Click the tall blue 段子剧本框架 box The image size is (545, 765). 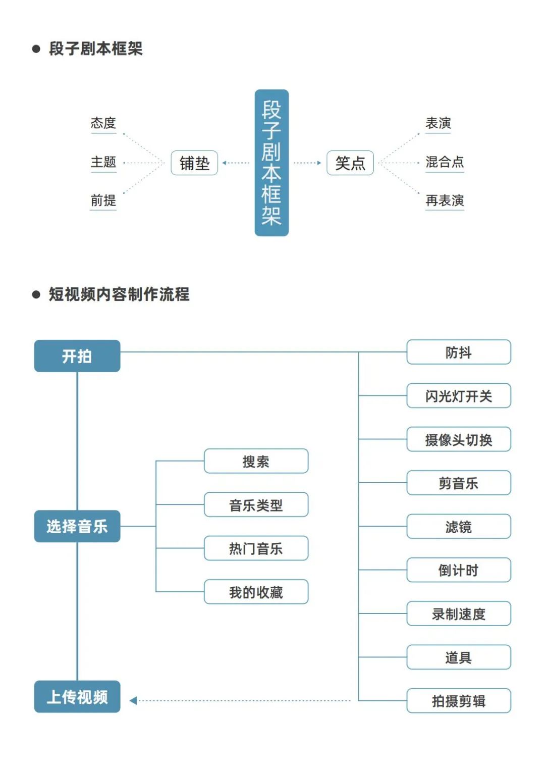pyautogui.click(x=271, y=163)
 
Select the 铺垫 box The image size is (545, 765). pyautogui.click(x=194, y=163)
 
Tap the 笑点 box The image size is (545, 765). pyautogui.click(x=350, y=163)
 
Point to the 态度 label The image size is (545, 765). pyautogui.click(x=103, y=123)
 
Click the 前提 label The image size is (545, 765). pyautogui.click(x=103, y=200)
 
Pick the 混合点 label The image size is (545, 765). pyautogui.click(x=445, y=162)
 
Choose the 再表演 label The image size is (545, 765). pyautogui.click(x=445, y=200)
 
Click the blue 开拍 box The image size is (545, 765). pyautogui.click(x=77, y=356)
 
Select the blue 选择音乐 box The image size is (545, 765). pyautogui.click(x=77, y=526)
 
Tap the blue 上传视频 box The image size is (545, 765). pyautogui.click(x=77, y=697)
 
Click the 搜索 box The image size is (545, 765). pyautogui.click(x=256, y=461)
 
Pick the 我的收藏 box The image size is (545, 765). pyautogui.click(x=256, y=592)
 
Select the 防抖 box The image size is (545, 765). pyautogui.click(x=459, y=352)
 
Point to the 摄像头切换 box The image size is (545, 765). pyautogui.click(x=459, y=439)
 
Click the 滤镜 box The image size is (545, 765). pyautogui.click(x=459, y=527)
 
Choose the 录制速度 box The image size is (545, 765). pyautogui.click(x=459, y=614)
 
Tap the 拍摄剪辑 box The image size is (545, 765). pyautogui.click(x=459, y=701)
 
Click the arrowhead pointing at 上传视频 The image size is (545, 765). pyautogui.click(x=133, y=701)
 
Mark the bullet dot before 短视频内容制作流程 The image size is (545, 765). pyautogui.click(x=36, y=294)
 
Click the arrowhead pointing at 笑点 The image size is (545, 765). pyautogui.click(x=319, y=163)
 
